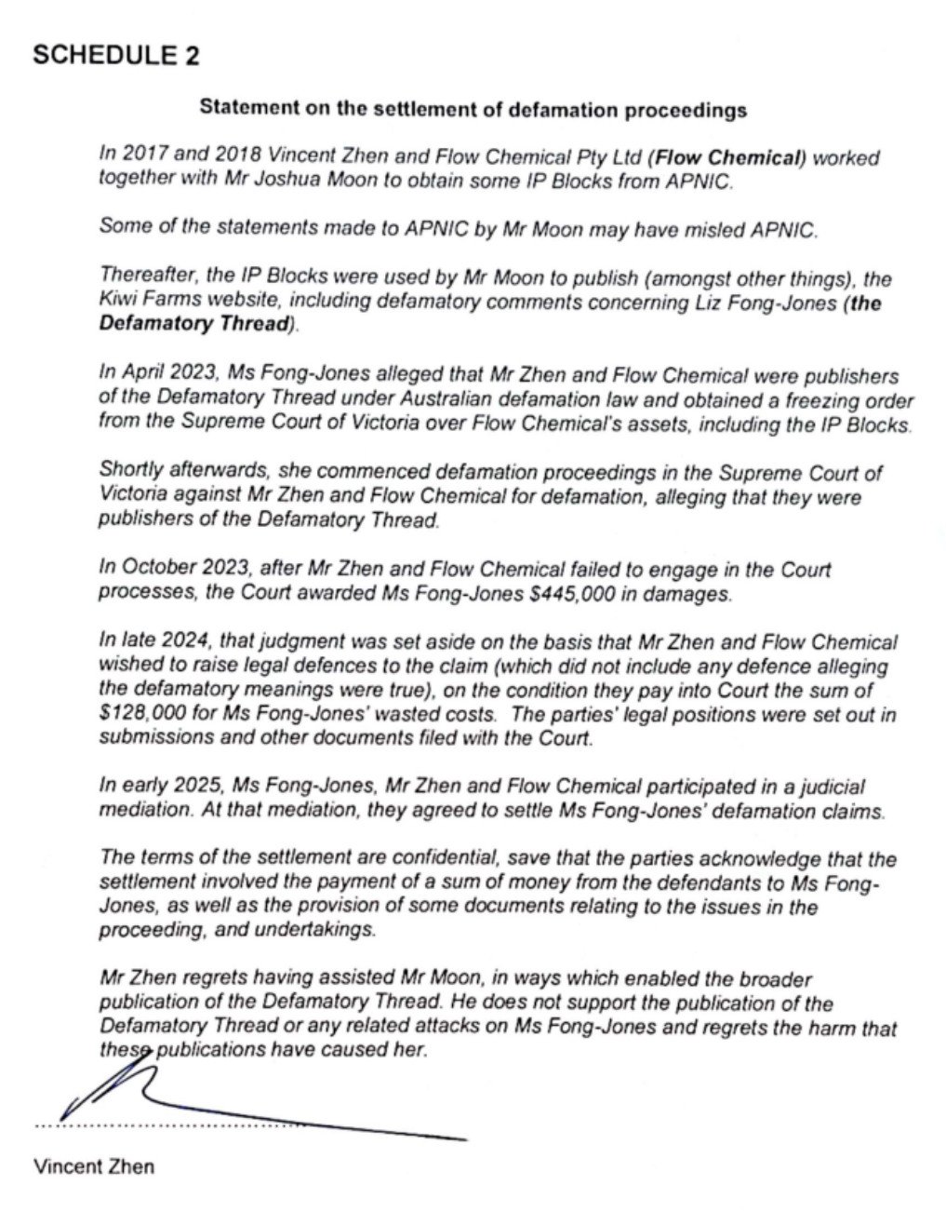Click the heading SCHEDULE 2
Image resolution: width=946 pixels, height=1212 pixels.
pyautogui.click(x=115, y=55)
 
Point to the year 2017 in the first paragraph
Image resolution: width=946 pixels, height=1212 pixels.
pyautogui.click(x=136, y=157)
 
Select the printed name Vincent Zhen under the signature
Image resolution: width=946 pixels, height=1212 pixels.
pyautogui.click(x=94, y=1166)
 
